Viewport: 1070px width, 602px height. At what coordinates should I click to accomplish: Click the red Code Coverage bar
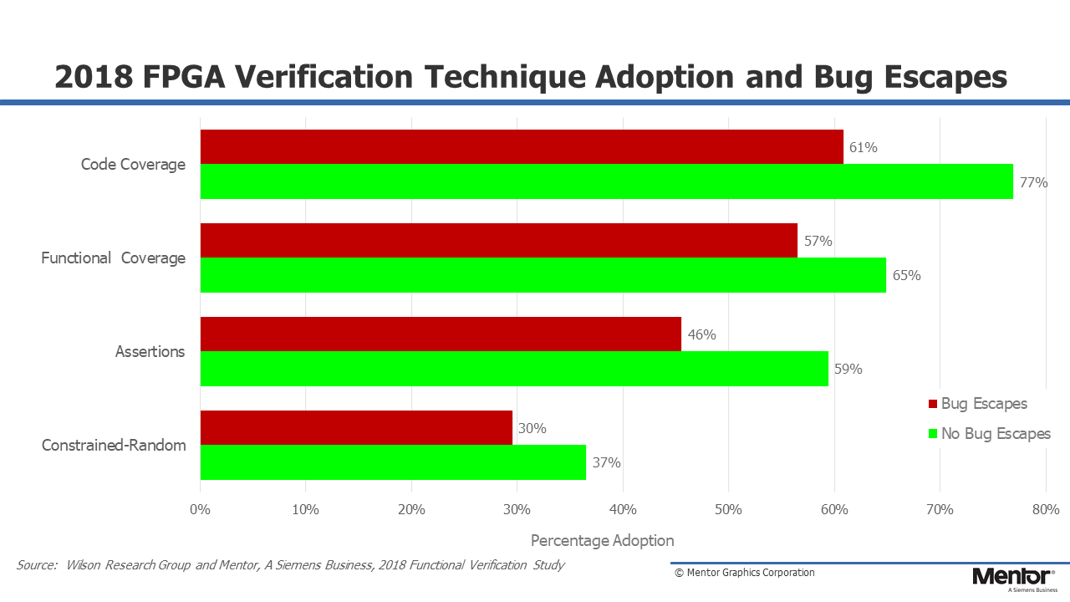[522, 146]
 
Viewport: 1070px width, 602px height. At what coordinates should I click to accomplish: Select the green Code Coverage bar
[607, 181]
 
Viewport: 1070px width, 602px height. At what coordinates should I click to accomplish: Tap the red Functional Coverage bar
[499, 240]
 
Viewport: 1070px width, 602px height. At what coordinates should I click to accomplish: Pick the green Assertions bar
[514, 369]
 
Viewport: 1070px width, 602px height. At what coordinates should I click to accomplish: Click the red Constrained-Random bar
[356, 427]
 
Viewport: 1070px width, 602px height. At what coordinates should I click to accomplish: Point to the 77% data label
[1034, 182]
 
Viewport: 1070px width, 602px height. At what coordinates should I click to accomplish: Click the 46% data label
[701, 334]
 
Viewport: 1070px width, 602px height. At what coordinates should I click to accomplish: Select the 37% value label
[607, 462]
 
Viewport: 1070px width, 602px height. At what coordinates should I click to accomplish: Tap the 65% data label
[907, 275]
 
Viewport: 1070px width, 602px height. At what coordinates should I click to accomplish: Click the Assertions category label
[150, 352]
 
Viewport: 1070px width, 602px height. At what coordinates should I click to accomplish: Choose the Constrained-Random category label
[114, 446]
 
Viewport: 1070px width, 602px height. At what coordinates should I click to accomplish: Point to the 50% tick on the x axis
[728, 510]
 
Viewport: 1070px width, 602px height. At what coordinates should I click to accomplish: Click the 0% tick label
[200, 510]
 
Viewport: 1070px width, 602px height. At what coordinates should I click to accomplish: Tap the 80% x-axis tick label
[1046, 510]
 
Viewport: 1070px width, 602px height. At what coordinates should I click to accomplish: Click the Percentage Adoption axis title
[603, 541]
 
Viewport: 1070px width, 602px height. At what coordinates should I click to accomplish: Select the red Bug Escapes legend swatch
[933, 404]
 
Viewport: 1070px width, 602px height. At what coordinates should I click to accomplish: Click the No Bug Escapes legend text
[996, 434]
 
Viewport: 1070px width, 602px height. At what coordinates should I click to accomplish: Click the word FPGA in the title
[183, 76]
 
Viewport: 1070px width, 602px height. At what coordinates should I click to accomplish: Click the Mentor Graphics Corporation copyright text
[744, 573]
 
